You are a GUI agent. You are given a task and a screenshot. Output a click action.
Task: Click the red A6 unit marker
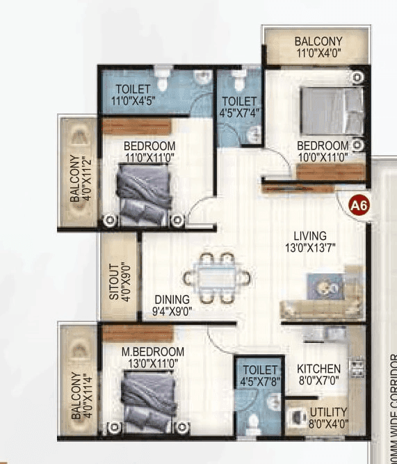click(358, 206)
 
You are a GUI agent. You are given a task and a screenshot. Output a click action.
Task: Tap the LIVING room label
click(309, 236)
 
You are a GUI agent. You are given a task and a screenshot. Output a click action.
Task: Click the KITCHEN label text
click(318, 369)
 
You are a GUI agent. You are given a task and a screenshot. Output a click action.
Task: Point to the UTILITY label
click(328, 411)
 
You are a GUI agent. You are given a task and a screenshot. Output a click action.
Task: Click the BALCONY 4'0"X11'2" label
click(79, 173)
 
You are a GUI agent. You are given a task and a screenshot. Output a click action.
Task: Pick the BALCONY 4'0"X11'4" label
click(79, 395)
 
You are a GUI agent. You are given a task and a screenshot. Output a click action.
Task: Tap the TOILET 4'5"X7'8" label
click(259, 374)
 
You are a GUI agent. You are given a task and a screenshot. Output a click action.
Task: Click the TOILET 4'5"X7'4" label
click(239, 106)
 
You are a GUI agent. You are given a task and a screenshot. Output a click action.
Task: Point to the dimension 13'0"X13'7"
click(309, 248)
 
